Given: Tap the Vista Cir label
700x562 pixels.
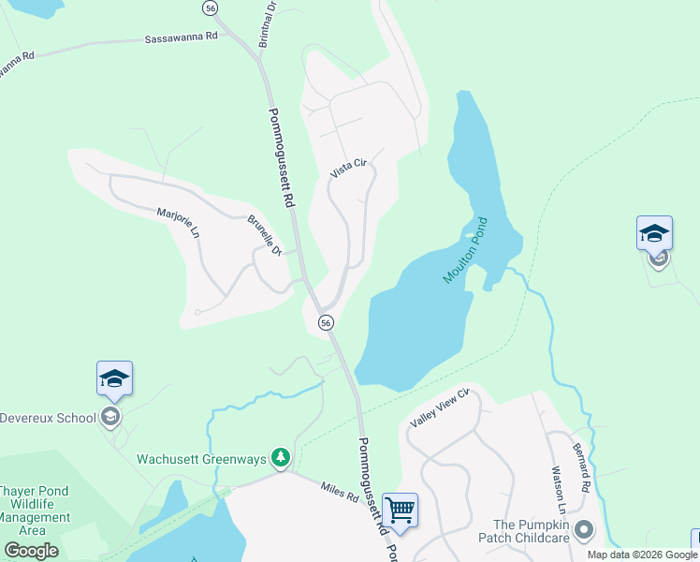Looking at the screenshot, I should (x=351, y=170).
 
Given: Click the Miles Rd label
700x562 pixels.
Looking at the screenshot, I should (x=340, y=492).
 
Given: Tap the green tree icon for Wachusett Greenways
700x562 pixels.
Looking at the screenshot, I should (x=280, y=457).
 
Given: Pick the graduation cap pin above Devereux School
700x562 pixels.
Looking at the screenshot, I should (x=114, y=378).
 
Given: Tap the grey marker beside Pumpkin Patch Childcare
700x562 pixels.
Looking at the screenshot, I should (x=585, y=531).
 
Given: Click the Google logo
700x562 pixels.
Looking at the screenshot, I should (x=31, y=551).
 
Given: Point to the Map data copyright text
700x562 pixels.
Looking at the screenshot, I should (x=642, y=555).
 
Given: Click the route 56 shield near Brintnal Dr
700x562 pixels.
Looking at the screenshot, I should (x=211, y=7).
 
